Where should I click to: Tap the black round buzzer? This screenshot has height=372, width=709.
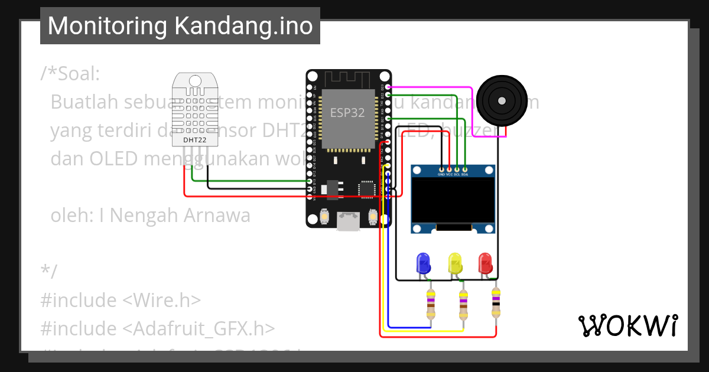pyautogui.click(x=502, y=101)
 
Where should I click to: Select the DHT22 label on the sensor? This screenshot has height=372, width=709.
pyautogui.click(x=194, y=140)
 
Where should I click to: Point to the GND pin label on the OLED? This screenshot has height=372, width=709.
pyautogui.click(x=441, y=175)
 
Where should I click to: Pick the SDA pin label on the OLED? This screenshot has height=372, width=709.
pyautogui.click(x=465, y=175)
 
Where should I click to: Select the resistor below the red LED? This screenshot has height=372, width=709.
pyautogui.click(x=496, y=302)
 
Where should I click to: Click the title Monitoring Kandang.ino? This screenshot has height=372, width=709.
pyautogui.click(x=180, y=26)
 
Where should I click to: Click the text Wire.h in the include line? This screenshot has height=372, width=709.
pyautogui.click(x=161, y=300)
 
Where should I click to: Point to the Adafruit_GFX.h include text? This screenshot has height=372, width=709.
pyautogui.click(x=198, y=328)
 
